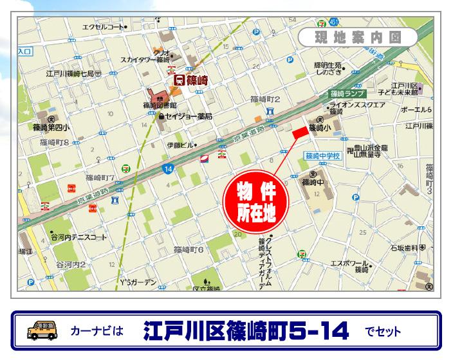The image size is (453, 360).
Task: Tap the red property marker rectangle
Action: (300, 132)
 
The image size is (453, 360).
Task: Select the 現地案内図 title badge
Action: (358, 37)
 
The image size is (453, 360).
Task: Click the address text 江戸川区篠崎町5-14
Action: (246, 331)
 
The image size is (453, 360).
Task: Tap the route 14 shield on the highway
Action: (168, 168)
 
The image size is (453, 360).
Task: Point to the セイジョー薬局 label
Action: (189, 116)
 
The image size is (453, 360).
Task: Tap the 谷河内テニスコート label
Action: (79, 237)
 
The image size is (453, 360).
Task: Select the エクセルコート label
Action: (102, 27)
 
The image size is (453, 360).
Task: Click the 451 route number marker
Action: (333, 22)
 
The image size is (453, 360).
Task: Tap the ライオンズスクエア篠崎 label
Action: (357, 107)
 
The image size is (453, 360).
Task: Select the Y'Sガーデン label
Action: (138, 282)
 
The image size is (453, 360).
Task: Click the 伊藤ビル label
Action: (181, 145)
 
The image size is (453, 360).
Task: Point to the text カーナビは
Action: (97, 331)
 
